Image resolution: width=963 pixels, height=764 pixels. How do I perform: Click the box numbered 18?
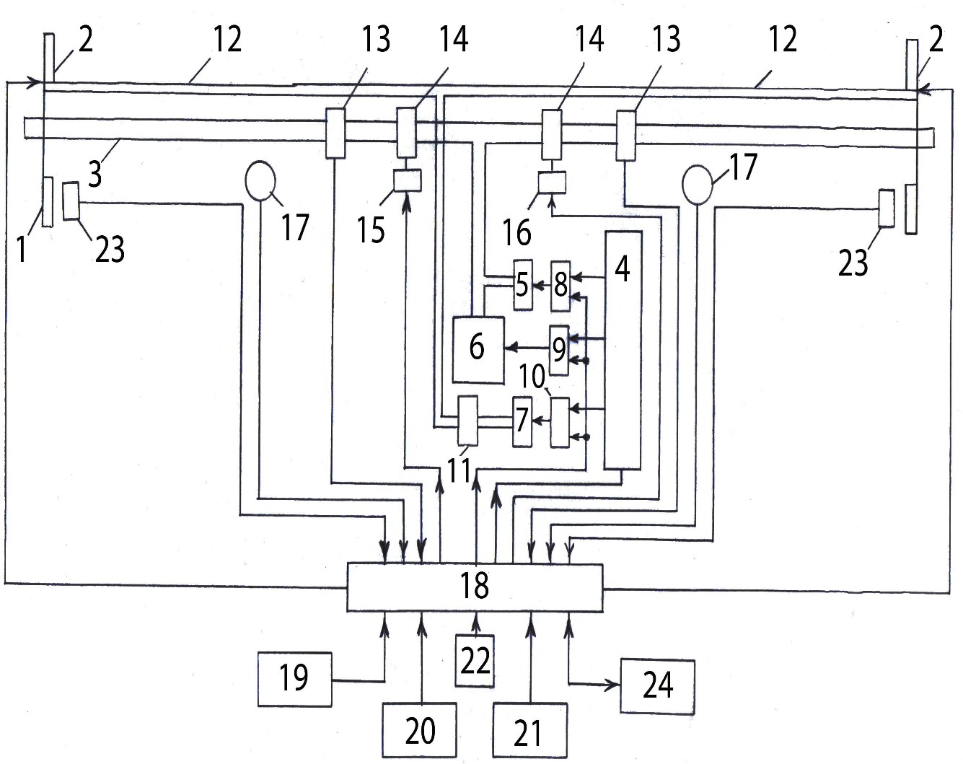pos(475,587)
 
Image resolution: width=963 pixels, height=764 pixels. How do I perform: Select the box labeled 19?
pos(295,680)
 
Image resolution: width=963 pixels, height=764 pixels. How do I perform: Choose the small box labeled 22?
pos(475,661)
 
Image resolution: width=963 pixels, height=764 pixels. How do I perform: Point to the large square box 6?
pos(478,350)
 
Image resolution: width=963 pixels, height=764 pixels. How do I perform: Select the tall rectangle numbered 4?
pos(623,350)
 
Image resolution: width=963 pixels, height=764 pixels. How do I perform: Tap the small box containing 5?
pos(523,285)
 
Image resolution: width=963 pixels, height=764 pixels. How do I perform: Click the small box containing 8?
pos(560,286)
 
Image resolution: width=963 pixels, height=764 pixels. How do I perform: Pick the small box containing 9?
pos(559,350)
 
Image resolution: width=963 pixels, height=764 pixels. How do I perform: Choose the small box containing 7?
pos(522,421)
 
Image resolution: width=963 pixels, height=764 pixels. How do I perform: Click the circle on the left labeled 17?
pos(260,181)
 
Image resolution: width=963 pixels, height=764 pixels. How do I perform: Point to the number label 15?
pos(371,230)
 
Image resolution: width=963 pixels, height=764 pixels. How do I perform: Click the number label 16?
pos(517,233)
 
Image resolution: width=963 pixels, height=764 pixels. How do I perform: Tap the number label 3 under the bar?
pos(95,174)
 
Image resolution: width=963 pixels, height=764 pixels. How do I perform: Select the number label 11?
pos(459,470)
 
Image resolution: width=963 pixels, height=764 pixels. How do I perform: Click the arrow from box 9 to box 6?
pos(527,347)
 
